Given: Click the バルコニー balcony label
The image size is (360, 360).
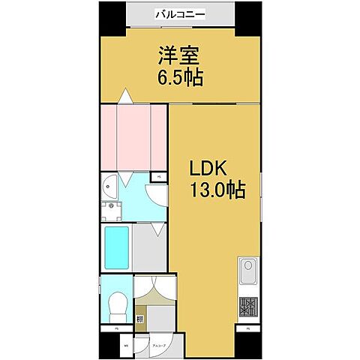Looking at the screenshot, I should (180, 13).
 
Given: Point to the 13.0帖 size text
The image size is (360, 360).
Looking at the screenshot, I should (217, 189).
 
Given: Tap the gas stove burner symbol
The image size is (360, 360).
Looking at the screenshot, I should (247, 307).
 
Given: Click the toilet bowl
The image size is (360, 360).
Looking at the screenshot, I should (117, 304).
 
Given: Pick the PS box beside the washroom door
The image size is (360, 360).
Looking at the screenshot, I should (159, 177).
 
